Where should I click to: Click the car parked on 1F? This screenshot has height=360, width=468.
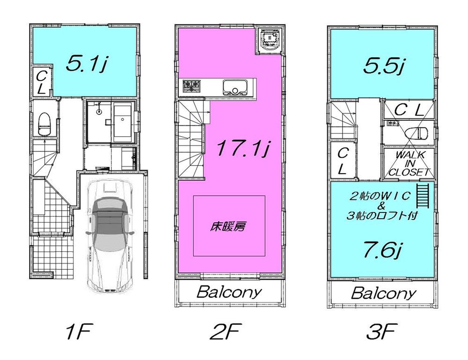click(x=110, y=234)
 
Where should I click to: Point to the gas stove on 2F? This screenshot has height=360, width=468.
click(x=191, y=86)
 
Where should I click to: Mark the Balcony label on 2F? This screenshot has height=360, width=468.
click(x=229, y=293)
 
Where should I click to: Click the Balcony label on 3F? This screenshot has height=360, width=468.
click(x=383, y=294)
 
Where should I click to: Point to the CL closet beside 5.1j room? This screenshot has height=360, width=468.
click(x=41, y=82)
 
